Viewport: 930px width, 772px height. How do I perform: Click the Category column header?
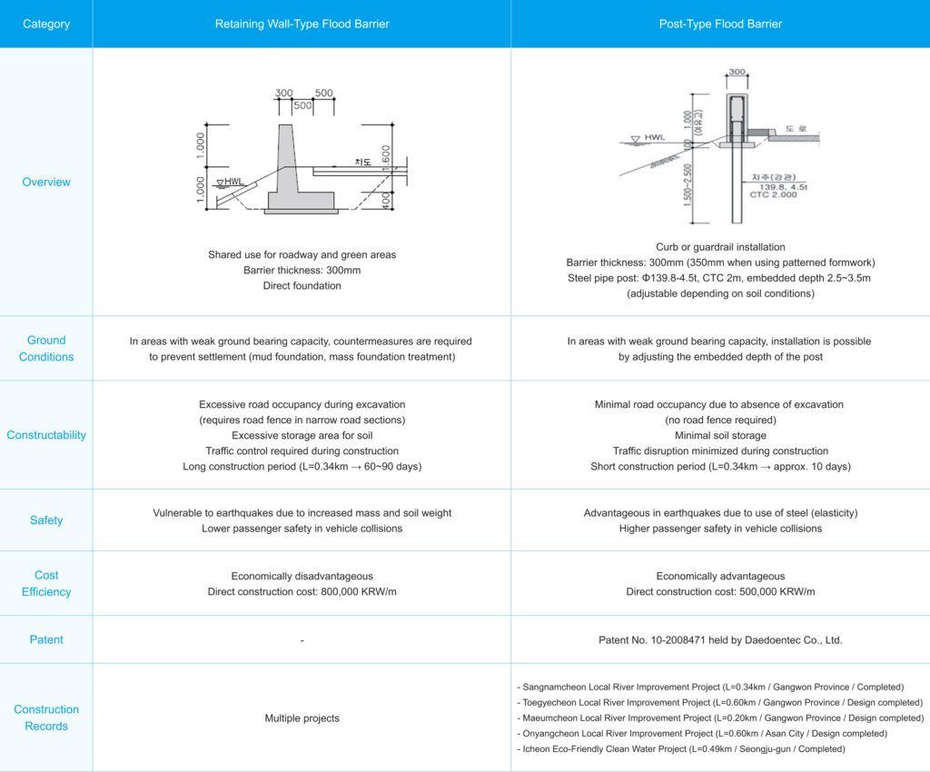pos(46,24)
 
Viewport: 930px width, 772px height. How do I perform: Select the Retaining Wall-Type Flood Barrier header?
pos(302,24)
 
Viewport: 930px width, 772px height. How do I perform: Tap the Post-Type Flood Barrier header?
pos(720,24)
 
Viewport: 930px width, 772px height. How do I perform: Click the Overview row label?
pos(46,182)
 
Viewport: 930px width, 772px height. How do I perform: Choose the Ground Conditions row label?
pos(46,348)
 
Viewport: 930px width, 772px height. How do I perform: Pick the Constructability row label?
pos(46,435)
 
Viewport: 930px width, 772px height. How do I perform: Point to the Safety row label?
pos(46,520)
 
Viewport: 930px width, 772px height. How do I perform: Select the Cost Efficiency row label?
pos(46,583)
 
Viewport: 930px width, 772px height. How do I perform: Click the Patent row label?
pos(46,639)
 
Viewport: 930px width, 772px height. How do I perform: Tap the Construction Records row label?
pos(46,718)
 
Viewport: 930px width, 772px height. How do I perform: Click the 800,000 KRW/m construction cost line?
pos(302,592)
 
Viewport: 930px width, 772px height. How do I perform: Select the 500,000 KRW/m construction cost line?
pos(720,592)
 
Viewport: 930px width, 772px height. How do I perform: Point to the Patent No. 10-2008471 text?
pos(720,640)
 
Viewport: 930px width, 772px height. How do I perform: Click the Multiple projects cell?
pos(302,718)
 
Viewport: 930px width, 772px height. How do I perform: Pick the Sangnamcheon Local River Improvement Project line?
pos(710,688)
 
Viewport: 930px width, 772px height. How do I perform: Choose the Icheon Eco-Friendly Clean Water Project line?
pos(681,749)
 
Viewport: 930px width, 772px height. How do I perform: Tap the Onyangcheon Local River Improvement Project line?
pos(701,734)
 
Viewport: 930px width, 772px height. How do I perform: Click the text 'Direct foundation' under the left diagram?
pos(302,286)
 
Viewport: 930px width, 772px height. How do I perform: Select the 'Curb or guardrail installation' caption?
pos(720,247)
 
